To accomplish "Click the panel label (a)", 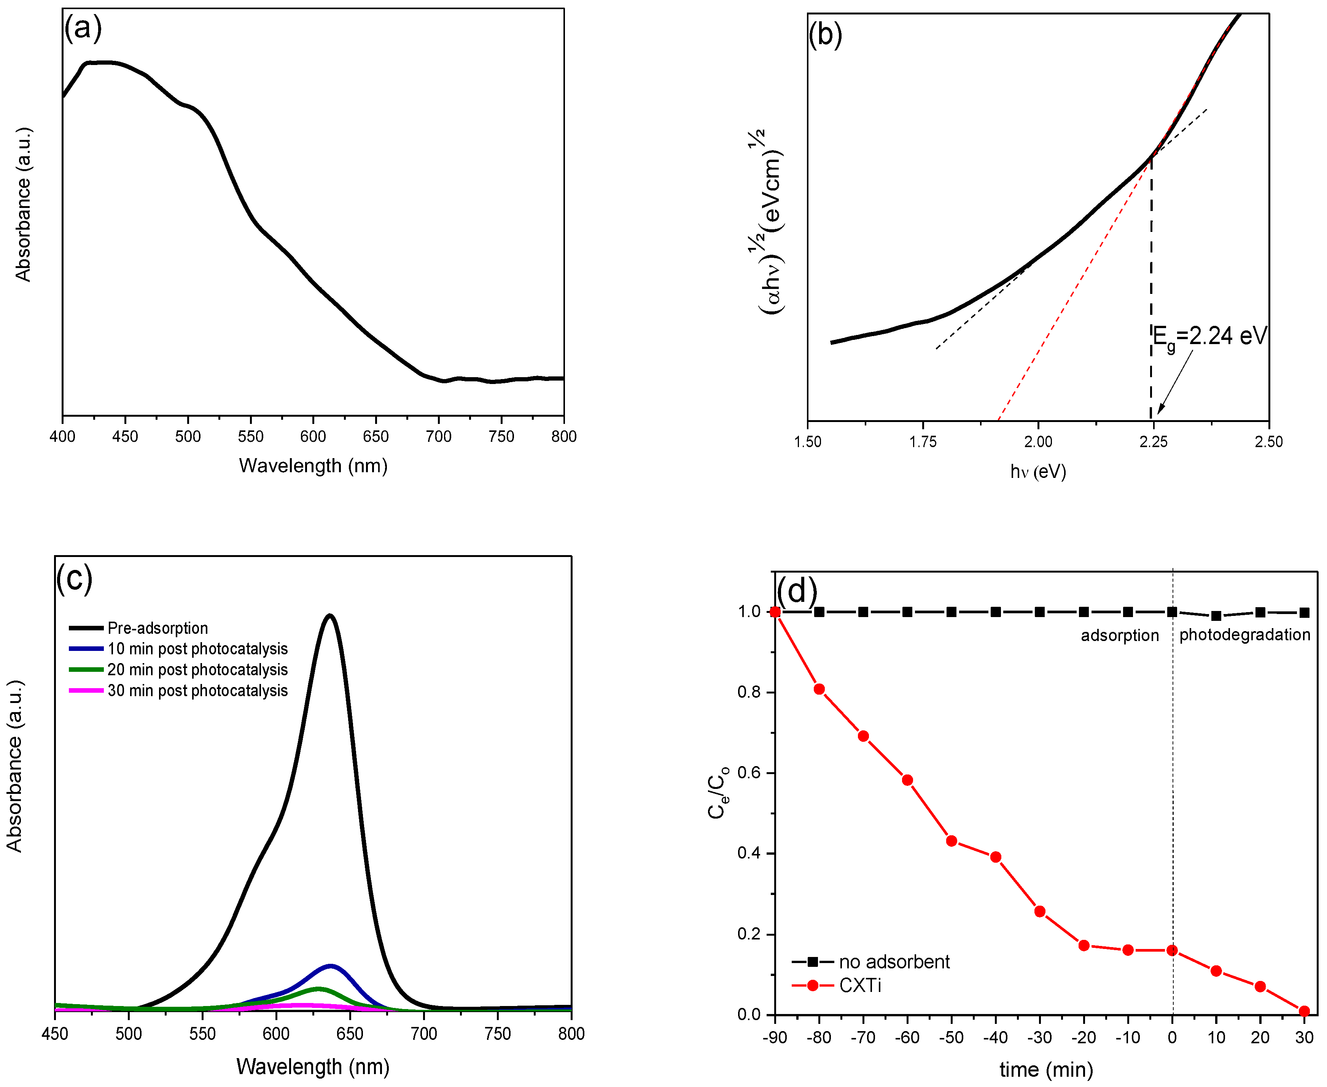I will pyautogui.click(x=83, y=28).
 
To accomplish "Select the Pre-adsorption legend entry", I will pyautogui.click(x=157, y=628).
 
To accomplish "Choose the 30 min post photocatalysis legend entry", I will pyautogui.click(x=197, y=691).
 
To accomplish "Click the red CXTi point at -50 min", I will pyautogui.click(x=951, y=841).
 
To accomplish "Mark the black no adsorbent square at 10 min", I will pyautogui.click(x=1216, y=616).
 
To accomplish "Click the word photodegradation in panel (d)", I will pyautogui.click(x=1244, y=635).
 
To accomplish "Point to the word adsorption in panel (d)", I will pyautogui.click(x=1120, y=636).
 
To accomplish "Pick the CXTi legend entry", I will pyautogui.click(x=859, y=985).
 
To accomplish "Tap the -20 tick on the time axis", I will pyautogui.click(x=1083, y=1038).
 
